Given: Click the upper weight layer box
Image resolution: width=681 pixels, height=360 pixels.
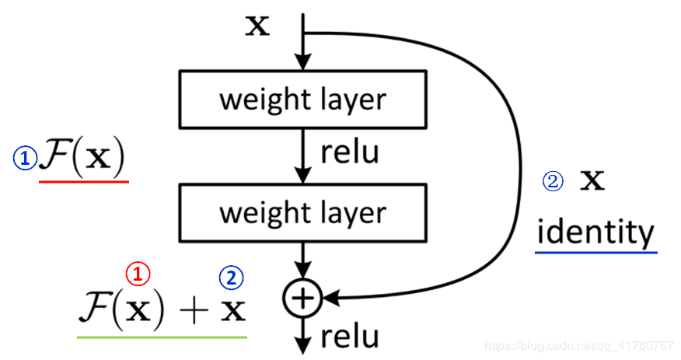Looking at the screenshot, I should pyautogui.click(x=302, y=100).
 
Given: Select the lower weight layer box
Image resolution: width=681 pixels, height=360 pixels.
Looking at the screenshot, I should pyautogui.click(x=302, y=212).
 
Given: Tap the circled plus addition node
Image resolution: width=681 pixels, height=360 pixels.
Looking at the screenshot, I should pyautogui.click(x=303, y=296).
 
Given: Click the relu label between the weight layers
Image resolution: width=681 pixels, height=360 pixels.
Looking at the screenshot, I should pyautogui.click(x=350, y=152).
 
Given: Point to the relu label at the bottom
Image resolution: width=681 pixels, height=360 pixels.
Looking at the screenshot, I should pyautogui.click(x=350, y=336).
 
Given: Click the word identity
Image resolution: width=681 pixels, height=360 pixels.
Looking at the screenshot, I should pyautogui.click(x=595, y=232).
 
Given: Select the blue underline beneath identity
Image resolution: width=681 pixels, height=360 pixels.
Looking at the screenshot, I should pyautogui.click(x=595, y=252).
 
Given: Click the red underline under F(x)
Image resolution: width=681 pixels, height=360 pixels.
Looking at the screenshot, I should pyautogui.click(x=83, y=181).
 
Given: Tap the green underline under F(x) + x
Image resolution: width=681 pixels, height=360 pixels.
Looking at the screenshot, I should pyautogui.click(x=162, y=337).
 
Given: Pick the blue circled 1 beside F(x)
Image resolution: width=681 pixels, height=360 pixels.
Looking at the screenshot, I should pyautogui.click(x=25, y=159).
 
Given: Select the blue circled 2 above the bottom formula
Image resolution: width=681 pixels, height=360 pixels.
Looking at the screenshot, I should pyautogui.click(x=231, y=277).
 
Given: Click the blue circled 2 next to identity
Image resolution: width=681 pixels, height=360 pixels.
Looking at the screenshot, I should pyautogui.click(x=551, y=182).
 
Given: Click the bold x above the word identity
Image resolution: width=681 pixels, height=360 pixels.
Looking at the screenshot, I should pyautogui.click(x=593, y=181).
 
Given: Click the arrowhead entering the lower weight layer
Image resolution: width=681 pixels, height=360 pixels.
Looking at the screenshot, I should pyautogui.click(x=303, y=177).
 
